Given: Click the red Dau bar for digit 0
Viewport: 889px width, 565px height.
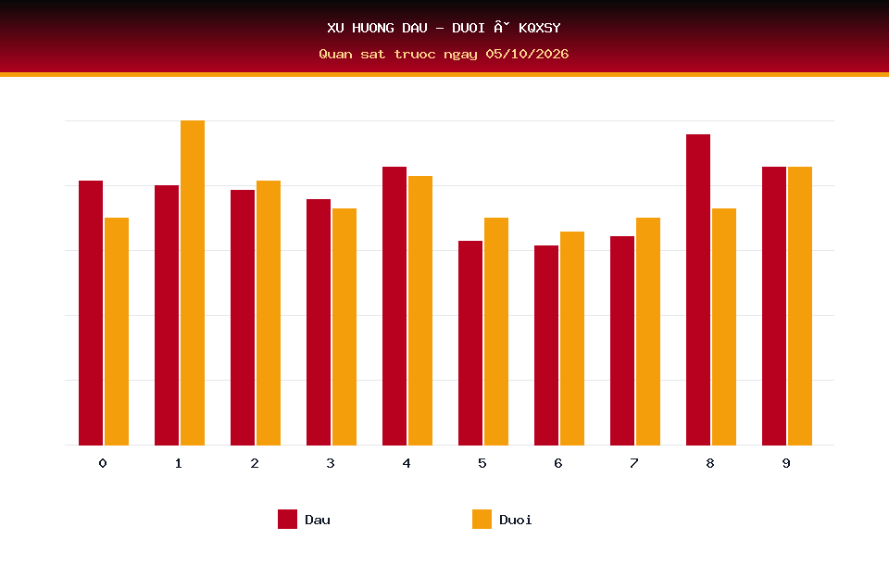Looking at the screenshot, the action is (x=91, y=313).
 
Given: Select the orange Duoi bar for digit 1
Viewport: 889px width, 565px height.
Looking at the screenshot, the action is (x=193, y=283).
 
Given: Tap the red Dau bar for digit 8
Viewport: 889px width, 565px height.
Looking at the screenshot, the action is (x=698, y=290).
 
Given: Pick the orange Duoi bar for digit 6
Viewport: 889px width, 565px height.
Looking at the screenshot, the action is (x=572, y=339).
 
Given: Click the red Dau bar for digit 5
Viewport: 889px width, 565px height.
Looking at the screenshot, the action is (x=470, y=344).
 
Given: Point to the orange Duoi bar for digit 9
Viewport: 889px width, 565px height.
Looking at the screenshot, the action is (x=800, y=307).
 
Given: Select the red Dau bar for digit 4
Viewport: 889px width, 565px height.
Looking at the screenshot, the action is (x=394, y=307).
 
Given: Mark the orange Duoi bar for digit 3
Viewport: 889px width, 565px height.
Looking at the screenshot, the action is (x=344, y=327).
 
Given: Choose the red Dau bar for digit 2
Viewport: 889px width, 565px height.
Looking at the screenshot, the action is (x=243, y=318).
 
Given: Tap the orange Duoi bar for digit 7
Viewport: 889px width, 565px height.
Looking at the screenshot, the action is (x=648, y=332).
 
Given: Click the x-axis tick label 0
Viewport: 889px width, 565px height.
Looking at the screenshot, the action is (x=103, y=463).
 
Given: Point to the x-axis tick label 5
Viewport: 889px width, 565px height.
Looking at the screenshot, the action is (x=482, y=463).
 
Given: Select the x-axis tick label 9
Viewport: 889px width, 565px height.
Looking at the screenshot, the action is (x=786, y=463).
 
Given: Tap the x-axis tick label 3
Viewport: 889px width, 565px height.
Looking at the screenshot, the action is (x=331, y=463).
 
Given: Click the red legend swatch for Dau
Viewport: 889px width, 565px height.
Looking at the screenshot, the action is (x=287, y=519).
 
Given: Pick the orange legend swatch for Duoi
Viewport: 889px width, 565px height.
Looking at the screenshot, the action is (x=482, y=519).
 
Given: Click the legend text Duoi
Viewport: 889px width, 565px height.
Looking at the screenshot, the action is (x=516, y=520).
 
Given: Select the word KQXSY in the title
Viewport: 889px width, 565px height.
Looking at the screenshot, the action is (x=540, y=28).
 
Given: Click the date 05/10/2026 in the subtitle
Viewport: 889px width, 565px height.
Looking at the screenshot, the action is (x=527, y=54).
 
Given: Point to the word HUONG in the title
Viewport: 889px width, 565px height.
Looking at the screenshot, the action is (x=373, y=28).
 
